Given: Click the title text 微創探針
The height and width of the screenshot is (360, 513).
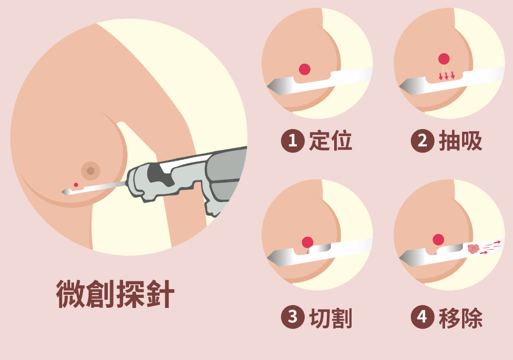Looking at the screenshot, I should coord(115,294).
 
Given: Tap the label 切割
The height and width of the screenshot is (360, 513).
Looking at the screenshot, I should coord(331,318).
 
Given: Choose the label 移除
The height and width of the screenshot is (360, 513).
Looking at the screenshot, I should coord(461,318).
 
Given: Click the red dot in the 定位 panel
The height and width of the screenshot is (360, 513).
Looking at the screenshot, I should coord(305,69).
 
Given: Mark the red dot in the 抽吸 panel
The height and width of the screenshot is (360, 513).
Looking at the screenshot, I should coord(444,59).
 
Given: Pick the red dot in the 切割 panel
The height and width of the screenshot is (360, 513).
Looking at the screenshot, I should coord(308,242).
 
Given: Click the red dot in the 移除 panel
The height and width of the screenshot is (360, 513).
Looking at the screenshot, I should coord(438,240).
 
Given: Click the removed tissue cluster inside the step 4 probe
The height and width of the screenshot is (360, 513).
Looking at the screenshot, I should coord(473,249).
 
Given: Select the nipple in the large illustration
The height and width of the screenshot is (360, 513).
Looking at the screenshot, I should coord(91,171).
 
